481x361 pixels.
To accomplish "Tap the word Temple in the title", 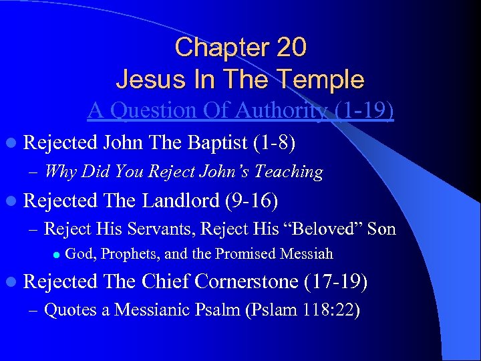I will tap(323, 80).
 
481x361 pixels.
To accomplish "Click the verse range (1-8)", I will tap(274, 142).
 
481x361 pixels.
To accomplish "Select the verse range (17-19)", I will tap(335, 282).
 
